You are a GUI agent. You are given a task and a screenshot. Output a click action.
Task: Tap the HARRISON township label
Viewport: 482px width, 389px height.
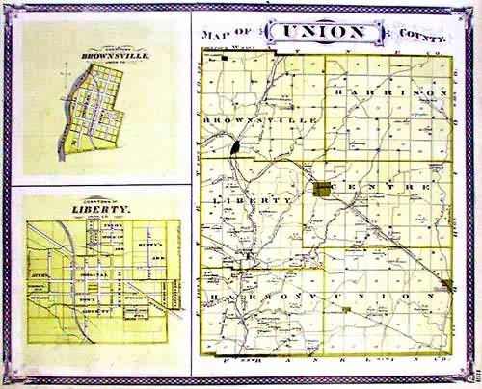(389, 91)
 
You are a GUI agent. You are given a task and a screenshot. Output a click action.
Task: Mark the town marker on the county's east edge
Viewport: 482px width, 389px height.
(447, 284)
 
